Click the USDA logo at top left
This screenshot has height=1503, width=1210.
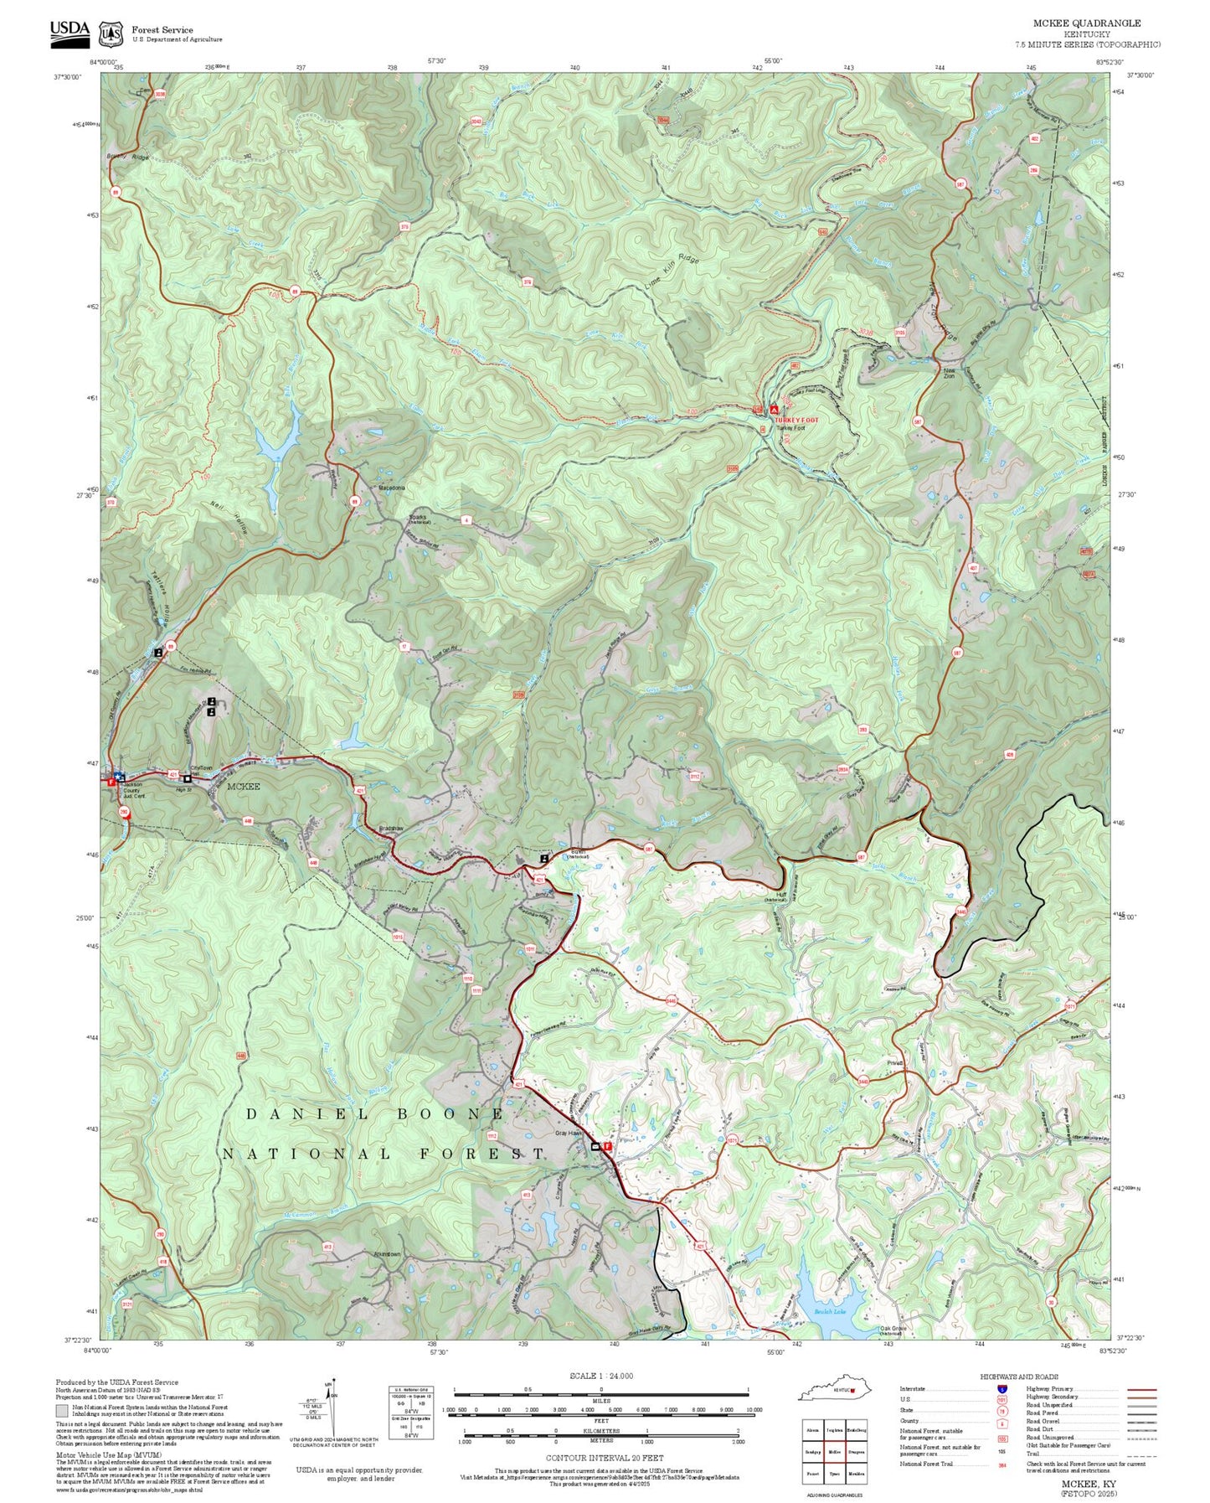pos(70,31)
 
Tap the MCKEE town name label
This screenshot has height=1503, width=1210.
pos(244,786)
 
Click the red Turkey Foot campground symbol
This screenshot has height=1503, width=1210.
pos(775,410)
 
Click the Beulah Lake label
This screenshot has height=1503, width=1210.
pos(830,1311)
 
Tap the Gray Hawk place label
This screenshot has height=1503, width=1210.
pos(569,1133)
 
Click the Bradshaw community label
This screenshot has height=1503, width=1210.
pos(391,828)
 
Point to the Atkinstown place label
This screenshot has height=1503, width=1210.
pos(387,1254)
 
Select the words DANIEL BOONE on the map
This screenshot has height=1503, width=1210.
pos(375,1114)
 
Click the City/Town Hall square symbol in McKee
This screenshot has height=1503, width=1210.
pos(187,778)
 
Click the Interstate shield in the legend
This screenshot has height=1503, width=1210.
pos(1002,1388)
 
